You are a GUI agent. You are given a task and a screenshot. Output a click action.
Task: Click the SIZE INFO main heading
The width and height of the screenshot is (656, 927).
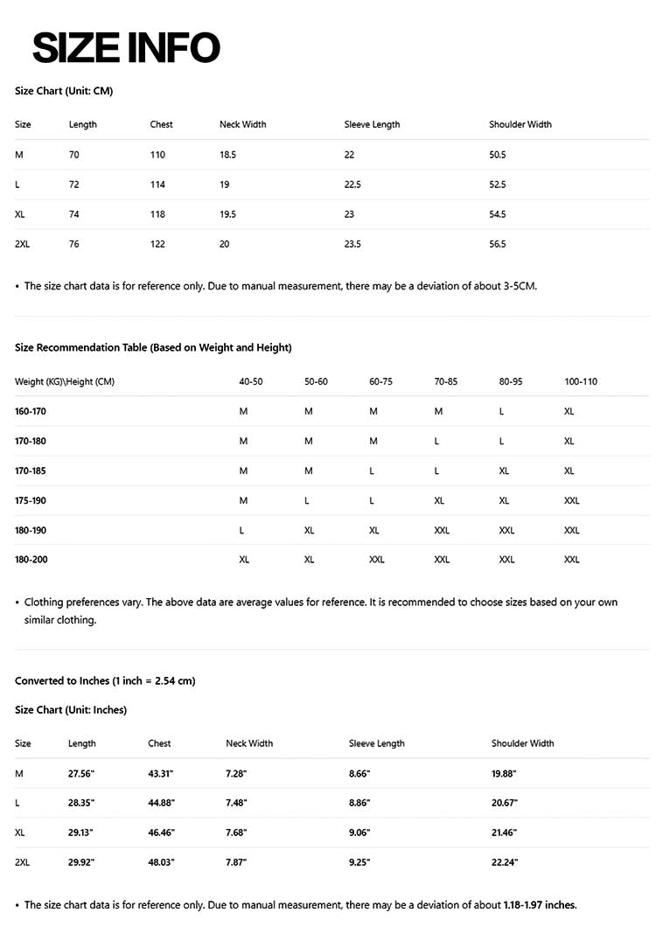pos(126,47)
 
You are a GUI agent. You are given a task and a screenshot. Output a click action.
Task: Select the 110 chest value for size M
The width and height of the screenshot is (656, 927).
pos(157,155)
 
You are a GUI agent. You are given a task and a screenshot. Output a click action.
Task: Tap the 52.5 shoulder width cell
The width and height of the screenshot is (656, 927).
pos(498,185)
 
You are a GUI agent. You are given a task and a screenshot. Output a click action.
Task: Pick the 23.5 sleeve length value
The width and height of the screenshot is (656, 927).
pos(352,244)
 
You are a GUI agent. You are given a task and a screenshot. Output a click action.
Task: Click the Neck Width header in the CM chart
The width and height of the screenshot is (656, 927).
pos(242,124)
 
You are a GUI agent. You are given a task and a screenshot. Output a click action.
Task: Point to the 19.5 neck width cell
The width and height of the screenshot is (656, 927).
pos(227,214)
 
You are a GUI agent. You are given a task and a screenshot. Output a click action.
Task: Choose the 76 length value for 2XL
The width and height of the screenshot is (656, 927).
pos(73,244)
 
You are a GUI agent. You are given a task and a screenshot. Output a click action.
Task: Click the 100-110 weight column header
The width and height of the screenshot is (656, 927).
pos(581,381)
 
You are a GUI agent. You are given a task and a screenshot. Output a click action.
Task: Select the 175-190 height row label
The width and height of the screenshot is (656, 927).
pos(31,500)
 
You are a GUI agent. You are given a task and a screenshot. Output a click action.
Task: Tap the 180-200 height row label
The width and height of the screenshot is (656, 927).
pos(31,560)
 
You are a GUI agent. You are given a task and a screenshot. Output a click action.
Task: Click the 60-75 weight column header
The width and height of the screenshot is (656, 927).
pos(380,381)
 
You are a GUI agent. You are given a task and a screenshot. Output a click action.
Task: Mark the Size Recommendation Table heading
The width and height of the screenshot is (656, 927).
pos(153,347)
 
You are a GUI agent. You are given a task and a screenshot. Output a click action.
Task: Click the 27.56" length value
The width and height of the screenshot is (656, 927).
pos(81,774)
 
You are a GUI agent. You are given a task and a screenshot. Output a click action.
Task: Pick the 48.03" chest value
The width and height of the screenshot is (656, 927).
pos(161,862)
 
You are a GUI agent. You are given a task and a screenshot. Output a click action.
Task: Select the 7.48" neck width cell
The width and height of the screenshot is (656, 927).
pos(236,803)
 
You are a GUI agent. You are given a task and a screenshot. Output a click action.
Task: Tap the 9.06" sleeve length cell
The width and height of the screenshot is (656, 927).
pos(359,833)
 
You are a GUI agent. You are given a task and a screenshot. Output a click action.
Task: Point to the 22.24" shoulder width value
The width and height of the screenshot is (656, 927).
pos(505,862)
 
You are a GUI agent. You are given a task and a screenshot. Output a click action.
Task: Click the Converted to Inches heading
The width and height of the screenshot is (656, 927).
pos(105,680)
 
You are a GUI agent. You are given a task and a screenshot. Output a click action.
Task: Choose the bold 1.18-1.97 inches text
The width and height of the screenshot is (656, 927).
pos(540,904)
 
